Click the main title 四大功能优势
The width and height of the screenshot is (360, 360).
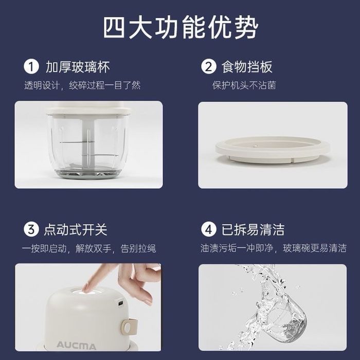180,27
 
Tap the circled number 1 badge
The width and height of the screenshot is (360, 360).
32,67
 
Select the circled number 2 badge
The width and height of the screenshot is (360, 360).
208,67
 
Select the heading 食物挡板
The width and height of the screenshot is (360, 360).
246,67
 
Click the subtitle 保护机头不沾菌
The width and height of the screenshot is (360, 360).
244,85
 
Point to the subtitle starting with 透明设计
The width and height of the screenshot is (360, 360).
82,85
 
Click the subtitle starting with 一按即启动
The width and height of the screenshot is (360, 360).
88,248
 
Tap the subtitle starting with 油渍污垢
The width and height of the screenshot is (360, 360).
273,248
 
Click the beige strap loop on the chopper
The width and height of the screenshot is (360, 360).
127,326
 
